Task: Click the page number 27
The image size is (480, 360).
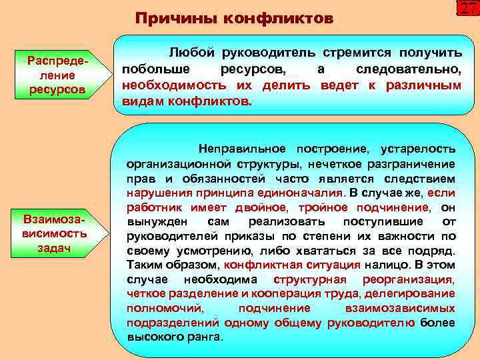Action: point(467,9)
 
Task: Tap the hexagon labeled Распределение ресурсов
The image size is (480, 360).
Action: point(57,74)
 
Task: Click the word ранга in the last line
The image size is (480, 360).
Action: point(205,337)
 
